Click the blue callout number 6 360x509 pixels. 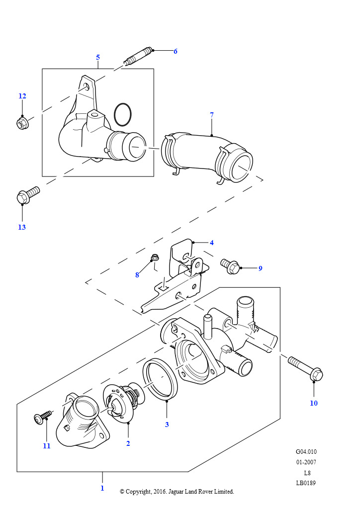tap(175, 51)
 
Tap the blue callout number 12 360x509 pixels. tap(22, 96)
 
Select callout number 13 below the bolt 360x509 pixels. tap(22, 227)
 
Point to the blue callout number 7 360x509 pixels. tap(212, 115)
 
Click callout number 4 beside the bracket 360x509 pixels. tap(211, 243)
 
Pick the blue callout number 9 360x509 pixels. tap(260, 268)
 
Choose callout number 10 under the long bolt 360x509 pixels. tap(314, 403)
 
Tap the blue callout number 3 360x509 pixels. tap(167, 424)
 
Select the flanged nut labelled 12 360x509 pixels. tap(22, 123)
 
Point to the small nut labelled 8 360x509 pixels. tap(155, 258)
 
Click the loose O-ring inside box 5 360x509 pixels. tap(123, 114)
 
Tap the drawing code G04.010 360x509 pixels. tap(306, 452)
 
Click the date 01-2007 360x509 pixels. tap(306, 462)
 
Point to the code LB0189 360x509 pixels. tap(306, 483)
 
